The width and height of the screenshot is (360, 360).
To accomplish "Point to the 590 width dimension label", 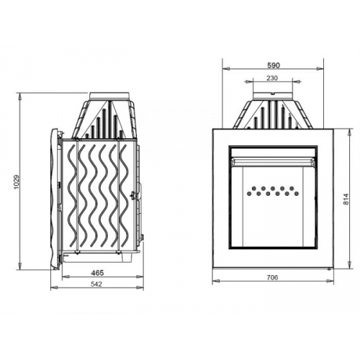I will point(273,65).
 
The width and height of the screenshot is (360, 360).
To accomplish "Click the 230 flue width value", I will point(272,78).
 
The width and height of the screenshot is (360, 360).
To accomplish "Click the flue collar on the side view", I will point(109,96).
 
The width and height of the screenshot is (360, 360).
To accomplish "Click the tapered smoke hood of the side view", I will point(108,119).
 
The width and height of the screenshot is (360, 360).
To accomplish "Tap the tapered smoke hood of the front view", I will point(272,115).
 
